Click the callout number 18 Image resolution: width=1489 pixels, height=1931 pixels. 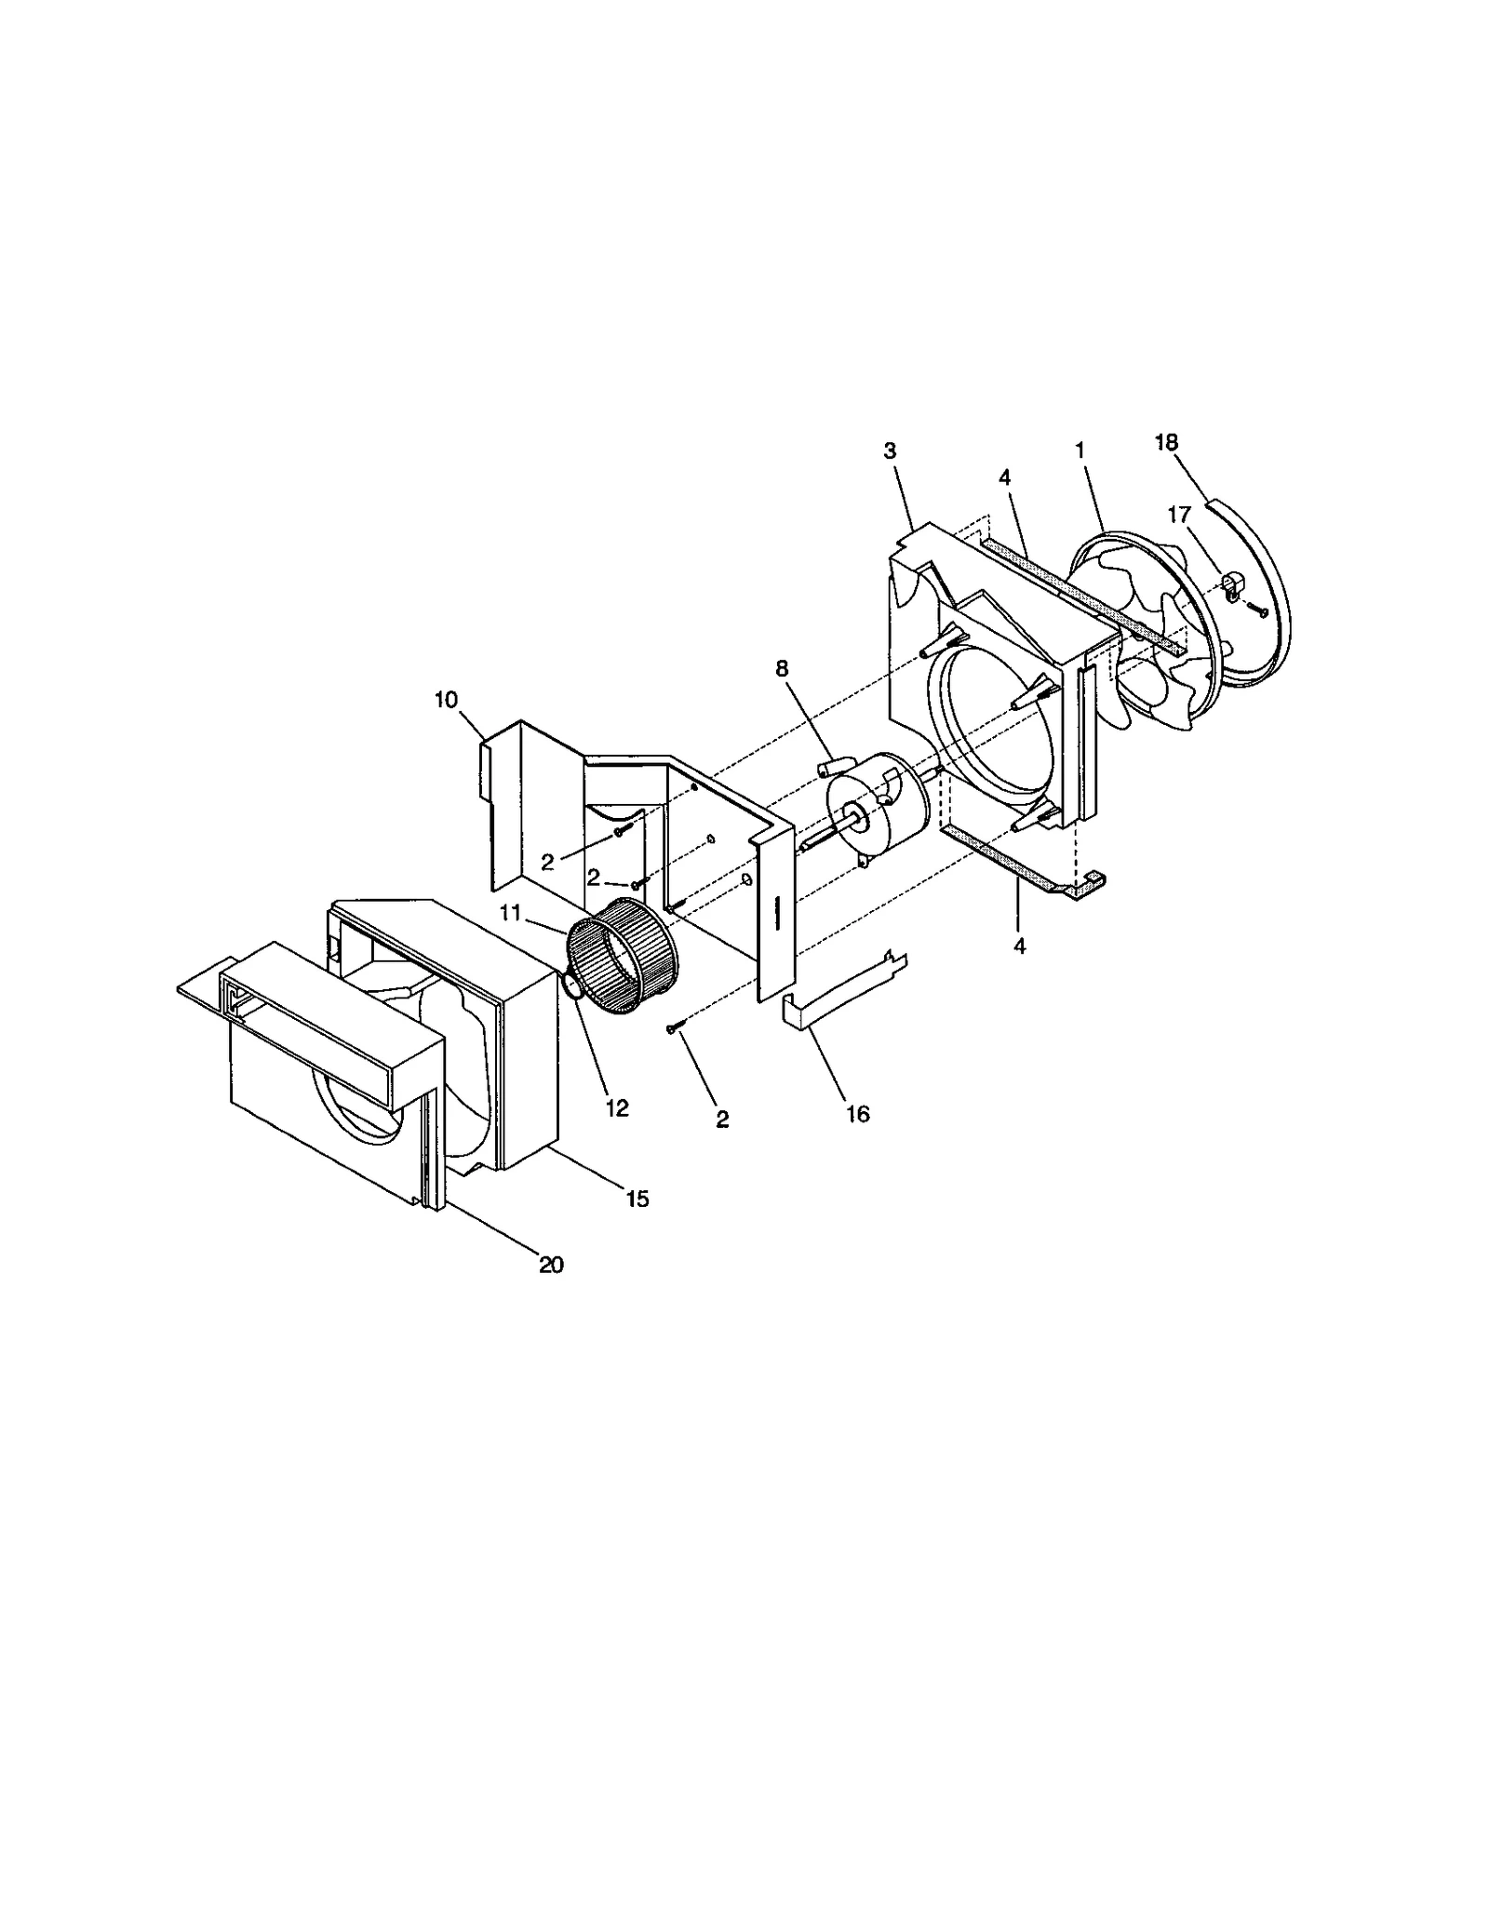tap(1166, 443)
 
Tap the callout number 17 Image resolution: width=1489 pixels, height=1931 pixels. tap(1179, 514)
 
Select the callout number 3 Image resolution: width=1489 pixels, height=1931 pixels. tap(890, 451)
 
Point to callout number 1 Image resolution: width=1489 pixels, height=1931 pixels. tap(1080, 450)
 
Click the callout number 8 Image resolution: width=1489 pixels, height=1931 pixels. tap(781, 668)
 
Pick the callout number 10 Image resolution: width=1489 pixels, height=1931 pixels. tap(446, 700)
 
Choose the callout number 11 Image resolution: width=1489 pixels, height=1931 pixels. tap(509, 913)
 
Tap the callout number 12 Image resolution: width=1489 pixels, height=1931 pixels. tap(617, 1107)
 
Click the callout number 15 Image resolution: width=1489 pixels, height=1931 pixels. tap(637, 1199)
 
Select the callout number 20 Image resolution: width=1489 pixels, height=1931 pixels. tap(551, 1265)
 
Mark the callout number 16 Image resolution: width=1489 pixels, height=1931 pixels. tap(857, 1114)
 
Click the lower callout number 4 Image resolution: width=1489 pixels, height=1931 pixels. tap(1020, 945)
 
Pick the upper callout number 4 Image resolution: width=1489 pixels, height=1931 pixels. tap(1004, 477)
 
